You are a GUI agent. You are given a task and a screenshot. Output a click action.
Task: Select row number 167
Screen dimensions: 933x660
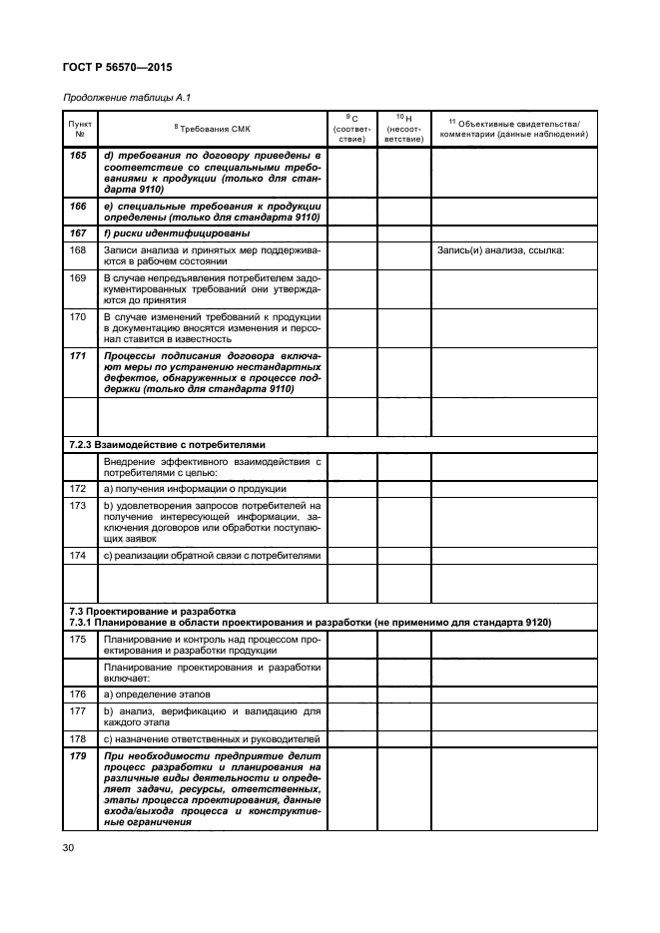click(x=78, y=233)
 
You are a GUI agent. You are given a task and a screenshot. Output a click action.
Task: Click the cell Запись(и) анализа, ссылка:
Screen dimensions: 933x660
click(x=500, y=249)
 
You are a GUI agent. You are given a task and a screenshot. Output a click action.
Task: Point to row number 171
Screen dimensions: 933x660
click(x=78, y=354)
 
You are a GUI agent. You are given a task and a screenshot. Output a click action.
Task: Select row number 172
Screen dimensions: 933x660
click(x=78, y=489)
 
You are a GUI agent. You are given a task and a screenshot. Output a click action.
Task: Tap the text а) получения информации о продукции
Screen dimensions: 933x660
click(x=194, y=489)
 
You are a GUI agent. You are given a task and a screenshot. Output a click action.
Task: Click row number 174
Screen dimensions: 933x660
click(x=78, y=554)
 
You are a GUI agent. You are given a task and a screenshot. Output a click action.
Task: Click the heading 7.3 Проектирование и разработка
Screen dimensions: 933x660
click(x=151, y=611)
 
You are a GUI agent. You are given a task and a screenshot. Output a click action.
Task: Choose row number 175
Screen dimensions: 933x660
click(x=78, y=638)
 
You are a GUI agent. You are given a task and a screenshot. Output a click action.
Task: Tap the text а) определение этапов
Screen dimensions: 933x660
click(x=157, y=694)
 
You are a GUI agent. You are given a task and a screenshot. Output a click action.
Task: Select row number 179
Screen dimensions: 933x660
click(x=78, y=756)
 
